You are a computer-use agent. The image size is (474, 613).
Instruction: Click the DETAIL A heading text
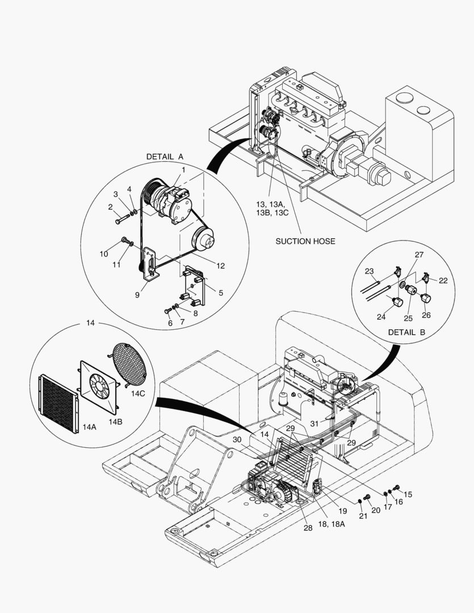point(165,157)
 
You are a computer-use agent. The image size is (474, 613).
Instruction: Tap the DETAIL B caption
point(406,332)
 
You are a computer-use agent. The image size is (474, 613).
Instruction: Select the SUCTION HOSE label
point(305,241)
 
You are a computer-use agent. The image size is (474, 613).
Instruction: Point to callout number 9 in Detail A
point(137,295)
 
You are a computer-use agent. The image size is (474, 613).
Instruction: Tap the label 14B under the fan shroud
point(116,421)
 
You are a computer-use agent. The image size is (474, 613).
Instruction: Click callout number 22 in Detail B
point(443,281)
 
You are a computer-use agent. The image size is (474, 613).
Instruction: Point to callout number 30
point(237,439)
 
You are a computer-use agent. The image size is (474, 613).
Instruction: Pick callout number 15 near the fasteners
point(408,494)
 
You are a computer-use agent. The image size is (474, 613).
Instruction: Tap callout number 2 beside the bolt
point(111,208)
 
